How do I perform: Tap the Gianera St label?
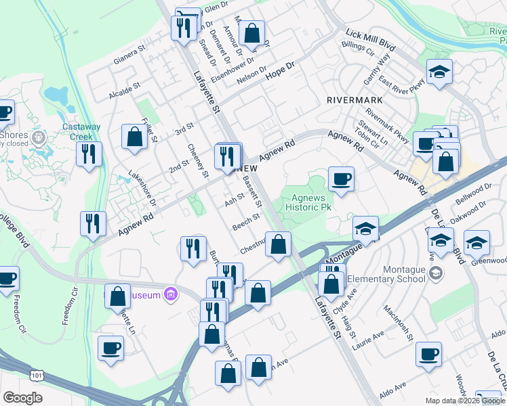tap(130, 53)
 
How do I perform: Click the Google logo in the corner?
tap(22, 398)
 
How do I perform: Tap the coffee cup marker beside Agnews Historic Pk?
tap(341, 179)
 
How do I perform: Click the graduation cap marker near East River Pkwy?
tap(439, 72)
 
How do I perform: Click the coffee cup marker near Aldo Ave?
tap(428, 354)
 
